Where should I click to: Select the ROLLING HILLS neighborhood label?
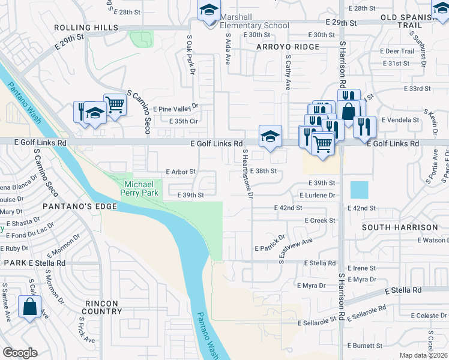coord(85,28)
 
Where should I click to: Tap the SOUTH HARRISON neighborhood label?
coord(400,227)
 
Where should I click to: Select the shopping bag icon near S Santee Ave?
coord(29,307)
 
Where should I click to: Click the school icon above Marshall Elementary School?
coord(209,10)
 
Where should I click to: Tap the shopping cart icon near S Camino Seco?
coord(115,105)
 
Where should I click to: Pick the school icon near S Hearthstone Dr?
coord(270,136)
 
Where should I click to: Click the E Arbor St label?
coord(181,172)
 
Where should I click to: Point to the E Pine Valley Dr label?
coord(175,109)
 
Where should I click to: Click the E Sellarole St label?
coord(318,322)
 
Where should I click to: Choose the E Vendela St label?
coord(399,120)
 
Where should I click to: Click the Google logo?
coord(20,352)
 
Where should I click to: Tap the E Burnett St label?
coord(365,346)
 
